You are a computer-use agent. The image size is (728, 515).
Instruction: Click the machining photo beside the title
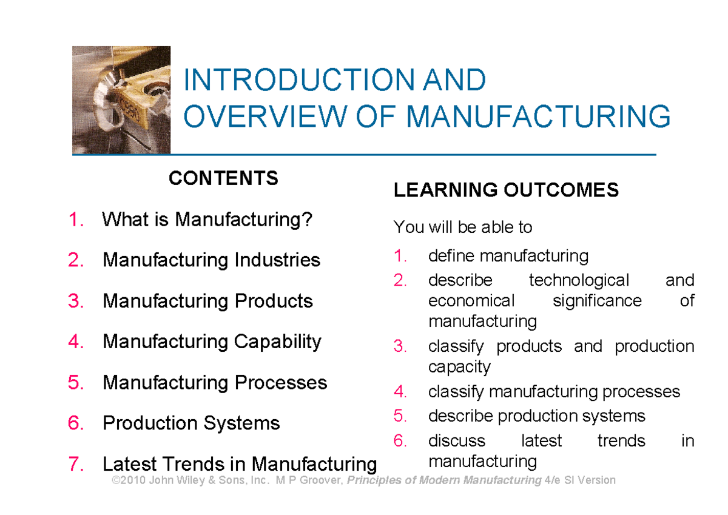pos(121,100)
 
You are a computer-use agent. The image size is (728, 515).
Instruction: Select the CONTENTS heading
pos(223,178)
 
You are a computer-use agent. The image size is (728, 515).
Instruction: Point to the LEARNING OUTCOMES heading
pos(506,190)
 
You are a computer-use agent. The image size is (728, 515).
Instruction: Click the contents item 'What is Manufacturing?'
pos(207,219)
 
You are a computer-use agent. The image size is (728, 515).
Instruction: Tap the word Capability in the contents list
pos(277,342)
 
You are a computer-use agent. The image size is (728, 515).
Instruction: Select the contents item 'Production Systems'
pos(191,423)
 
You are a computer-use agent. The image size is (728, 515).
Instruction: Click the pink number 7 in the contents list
pos(76,464)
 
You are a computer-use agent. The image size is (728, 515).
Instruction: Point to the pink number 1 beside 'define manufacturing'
pos(399,256)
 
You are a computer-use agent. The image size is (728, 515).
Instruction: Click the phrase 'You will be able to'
pos(463,227)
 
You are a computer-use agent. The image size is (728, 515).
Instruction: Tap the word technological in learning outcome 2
pos(579,280)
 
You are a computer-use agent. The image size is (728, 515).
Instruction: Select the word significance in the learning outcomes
pos(597,300)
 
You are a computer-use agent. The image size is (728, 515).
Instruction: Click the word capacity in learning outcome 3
pos(459,367)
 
